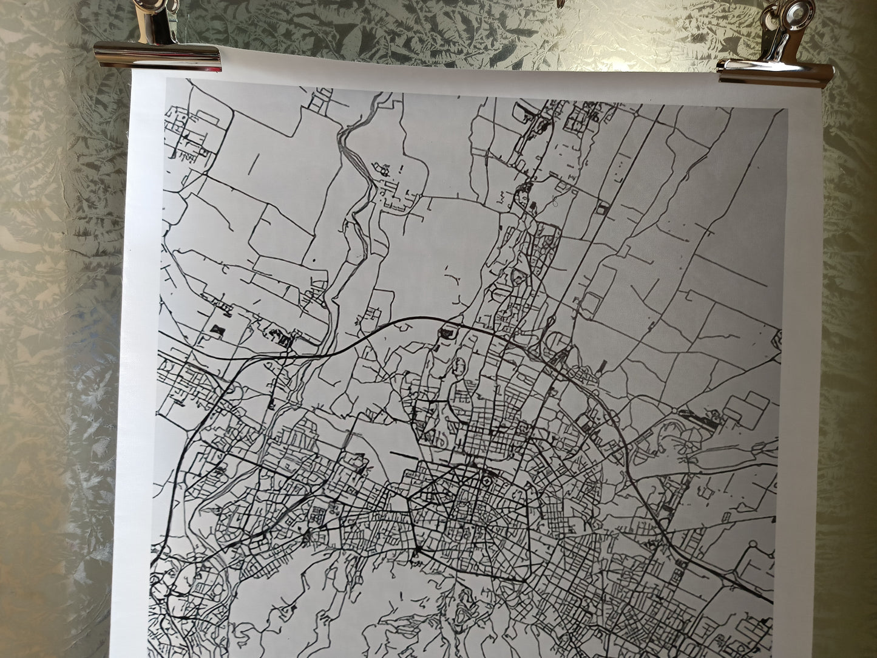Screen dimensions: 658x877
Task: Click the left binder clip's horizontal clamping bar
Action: pos(157,56)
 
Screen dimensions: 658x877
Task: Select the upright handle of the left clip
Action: pos(159,22)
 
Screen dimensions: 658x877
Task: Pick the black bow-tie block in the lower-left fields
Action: pos(217,329)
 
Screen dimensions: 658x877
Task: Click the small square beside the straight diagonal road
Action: pos(601,208)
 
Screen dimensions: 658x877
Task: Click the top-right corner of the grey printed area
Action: pos(787,109)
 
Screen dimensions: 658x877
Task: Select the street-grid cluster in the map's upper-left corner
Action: pos(188,131)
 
